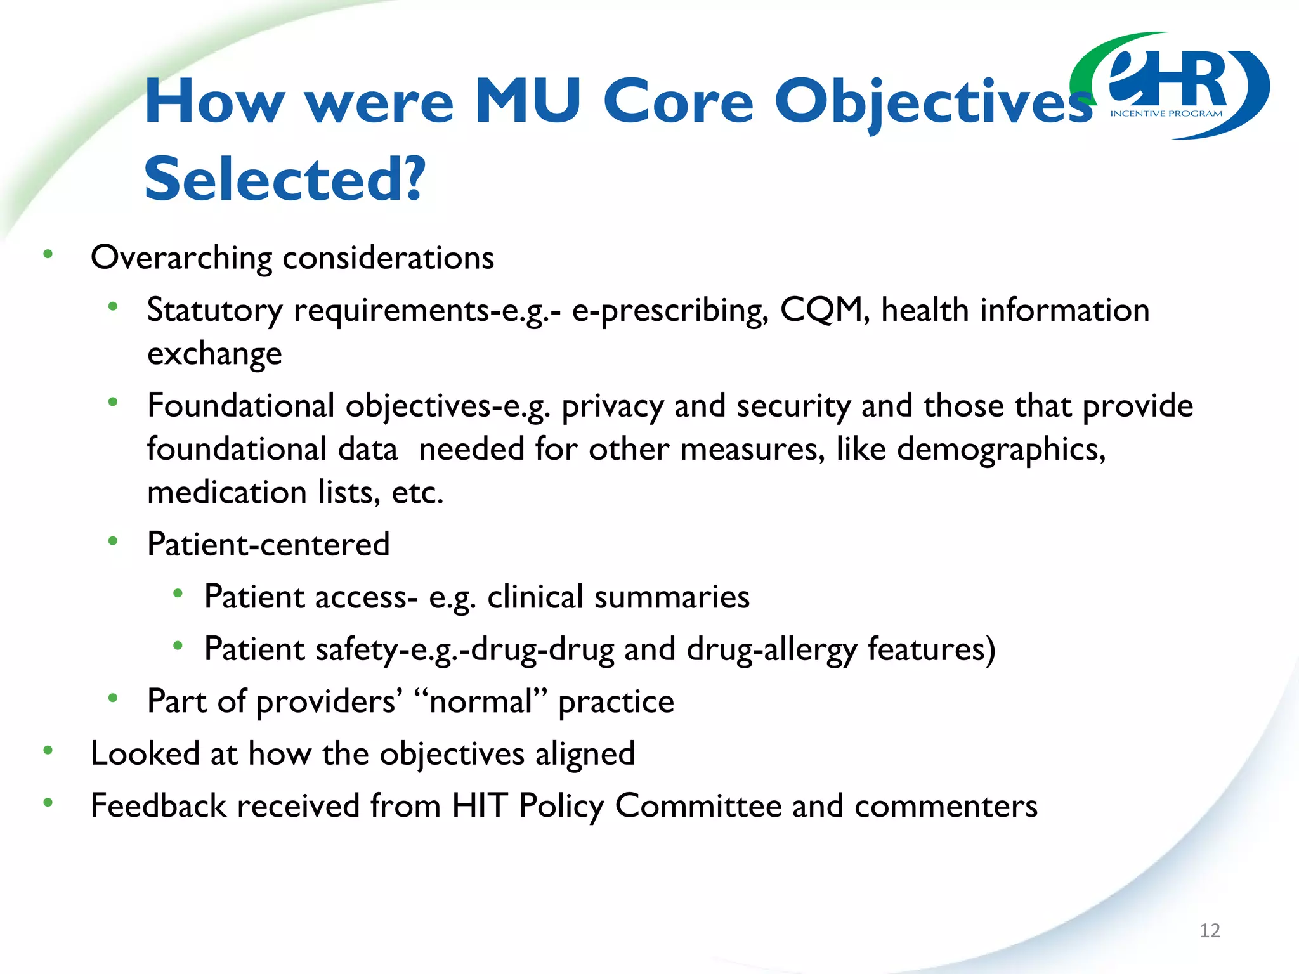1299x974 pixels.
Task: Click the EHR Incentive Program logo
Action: [1170, 86]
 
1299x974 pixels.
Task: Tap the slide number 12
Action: [1210, 930]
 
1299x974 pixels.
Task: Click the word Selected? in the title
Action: [285, 179]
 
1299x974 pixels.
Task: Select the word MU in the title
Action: [528, 101]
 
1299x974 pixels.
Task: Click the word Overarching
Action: [181, 258]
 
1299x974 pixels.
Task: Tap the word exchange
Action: [214, 354]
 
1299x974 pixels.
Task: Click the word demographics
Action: [1001, 450]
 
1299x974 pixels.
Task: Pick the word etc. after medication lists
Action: [417, 493]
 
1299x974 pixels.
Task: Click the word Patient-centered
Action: [268, 545]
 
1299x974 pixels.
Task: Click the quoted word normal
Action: [480, 702]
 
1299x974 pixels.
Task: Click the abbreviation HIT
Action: [480, 806]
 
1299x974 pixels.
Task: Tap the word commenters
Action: [946, 806]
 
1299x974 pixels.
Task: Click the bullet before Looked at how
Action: [48, 751]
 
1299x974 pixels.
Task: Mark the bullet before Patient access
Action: [178, 594]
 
